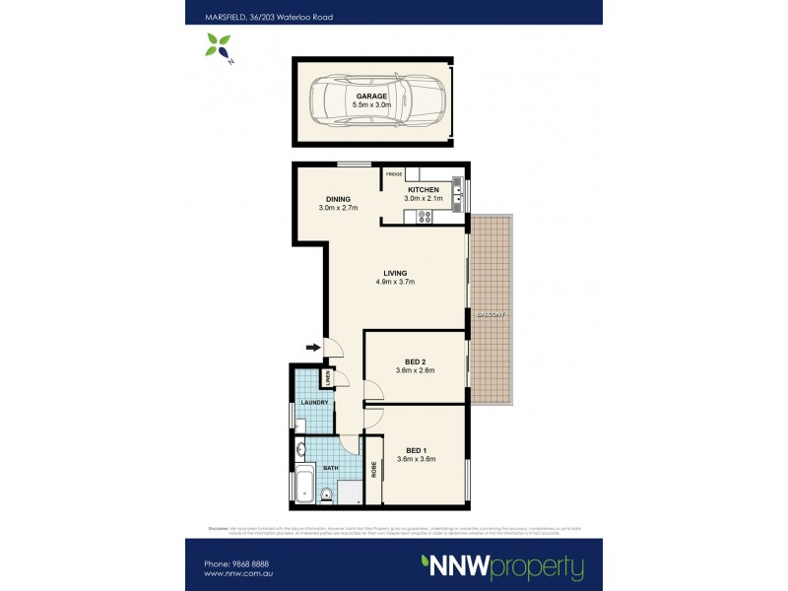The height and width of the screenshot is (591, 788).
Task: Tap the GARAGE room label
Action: point(370,96)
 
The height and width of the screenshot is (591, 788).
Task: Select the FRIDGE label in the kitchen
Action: point(394,174)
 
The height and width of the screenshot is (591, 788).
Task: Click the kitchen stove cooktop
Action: point(425,215)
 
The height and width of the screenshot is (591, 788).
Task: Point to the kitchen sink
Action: point(457,187)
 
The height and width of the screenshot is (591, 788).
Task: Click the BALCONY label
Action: point(490,314)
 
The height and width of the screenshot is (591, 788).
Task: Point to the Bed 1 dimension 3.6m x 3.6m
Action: point(415,459)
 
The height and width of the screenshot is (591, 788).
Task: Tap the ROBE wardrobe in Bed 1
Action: point(373,471)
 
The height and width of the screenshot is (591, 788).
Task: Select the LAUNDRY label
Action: point(314,402)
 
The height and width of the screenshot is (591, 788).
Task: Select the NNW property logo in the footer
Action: point(502,566)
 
